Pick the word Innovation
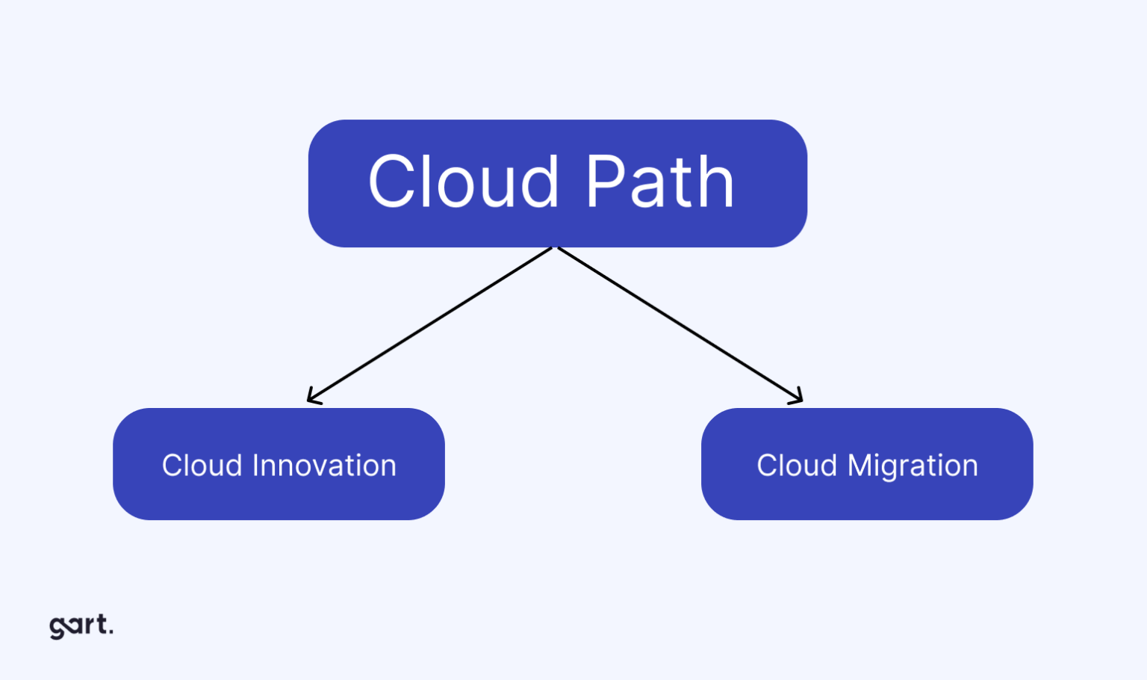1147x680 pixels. coord(325,466)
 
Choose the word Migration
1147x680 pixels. coord(913,466)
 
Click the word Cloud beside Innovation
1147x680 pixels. coord(202,466)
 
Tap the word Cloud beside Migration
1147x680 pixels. coord(797,466)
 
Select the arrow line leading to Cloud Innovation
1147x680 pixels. coord(429,325)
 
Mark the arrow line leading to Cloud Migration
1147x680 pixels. coord(680,325)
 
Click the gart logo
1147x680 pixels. coord(81,625)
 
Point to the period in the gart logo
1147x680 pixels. coord(111,633)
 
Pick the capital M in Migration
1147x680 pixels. coord(861,466)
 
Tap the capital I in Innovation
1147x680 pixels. coord(256,466)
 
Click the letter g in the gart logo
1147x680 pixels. coord(57,628)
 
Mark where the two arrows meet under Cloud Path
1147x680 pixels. coord(555,248)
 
